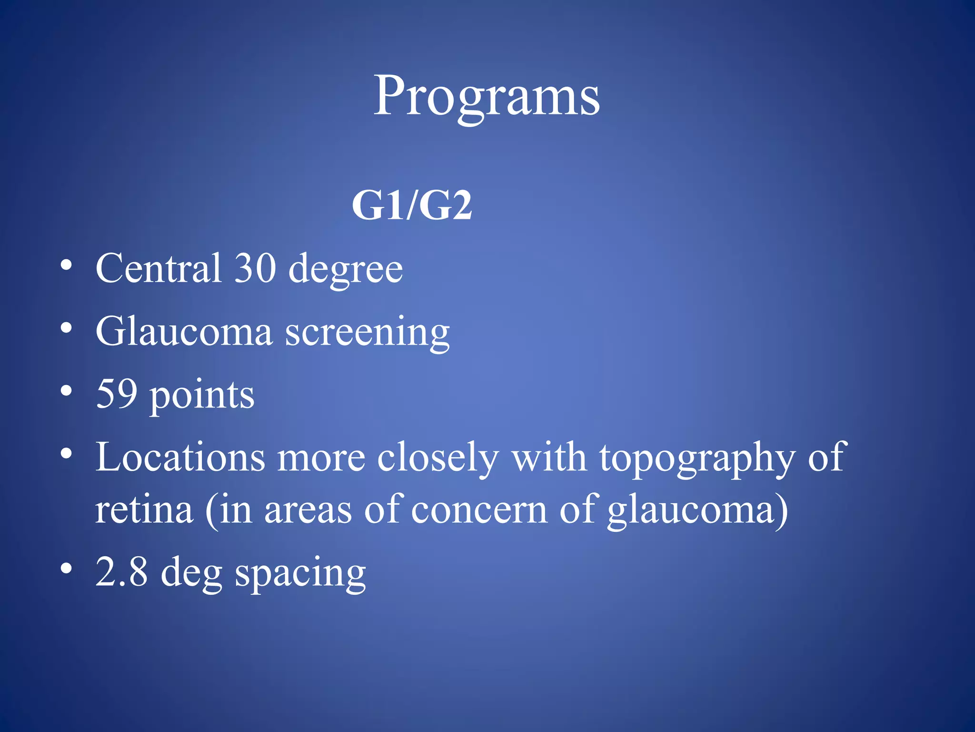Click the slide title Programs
click(486, 96)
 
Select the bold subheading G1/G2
click(412, 205)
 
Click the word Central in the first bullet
click(159, 268)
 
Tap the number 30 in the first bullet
click(255, 268)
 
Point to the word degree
click(346, 271)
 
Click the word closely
click(438, 458)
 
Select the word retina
click(144, 509)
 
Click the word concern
click(479, 510)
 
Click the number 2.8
click(121, 571)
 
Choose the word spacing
click(300, 574)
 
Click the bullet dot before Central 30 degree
click(67, 265)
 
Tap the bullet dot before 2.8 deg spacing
click(67, 569)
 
